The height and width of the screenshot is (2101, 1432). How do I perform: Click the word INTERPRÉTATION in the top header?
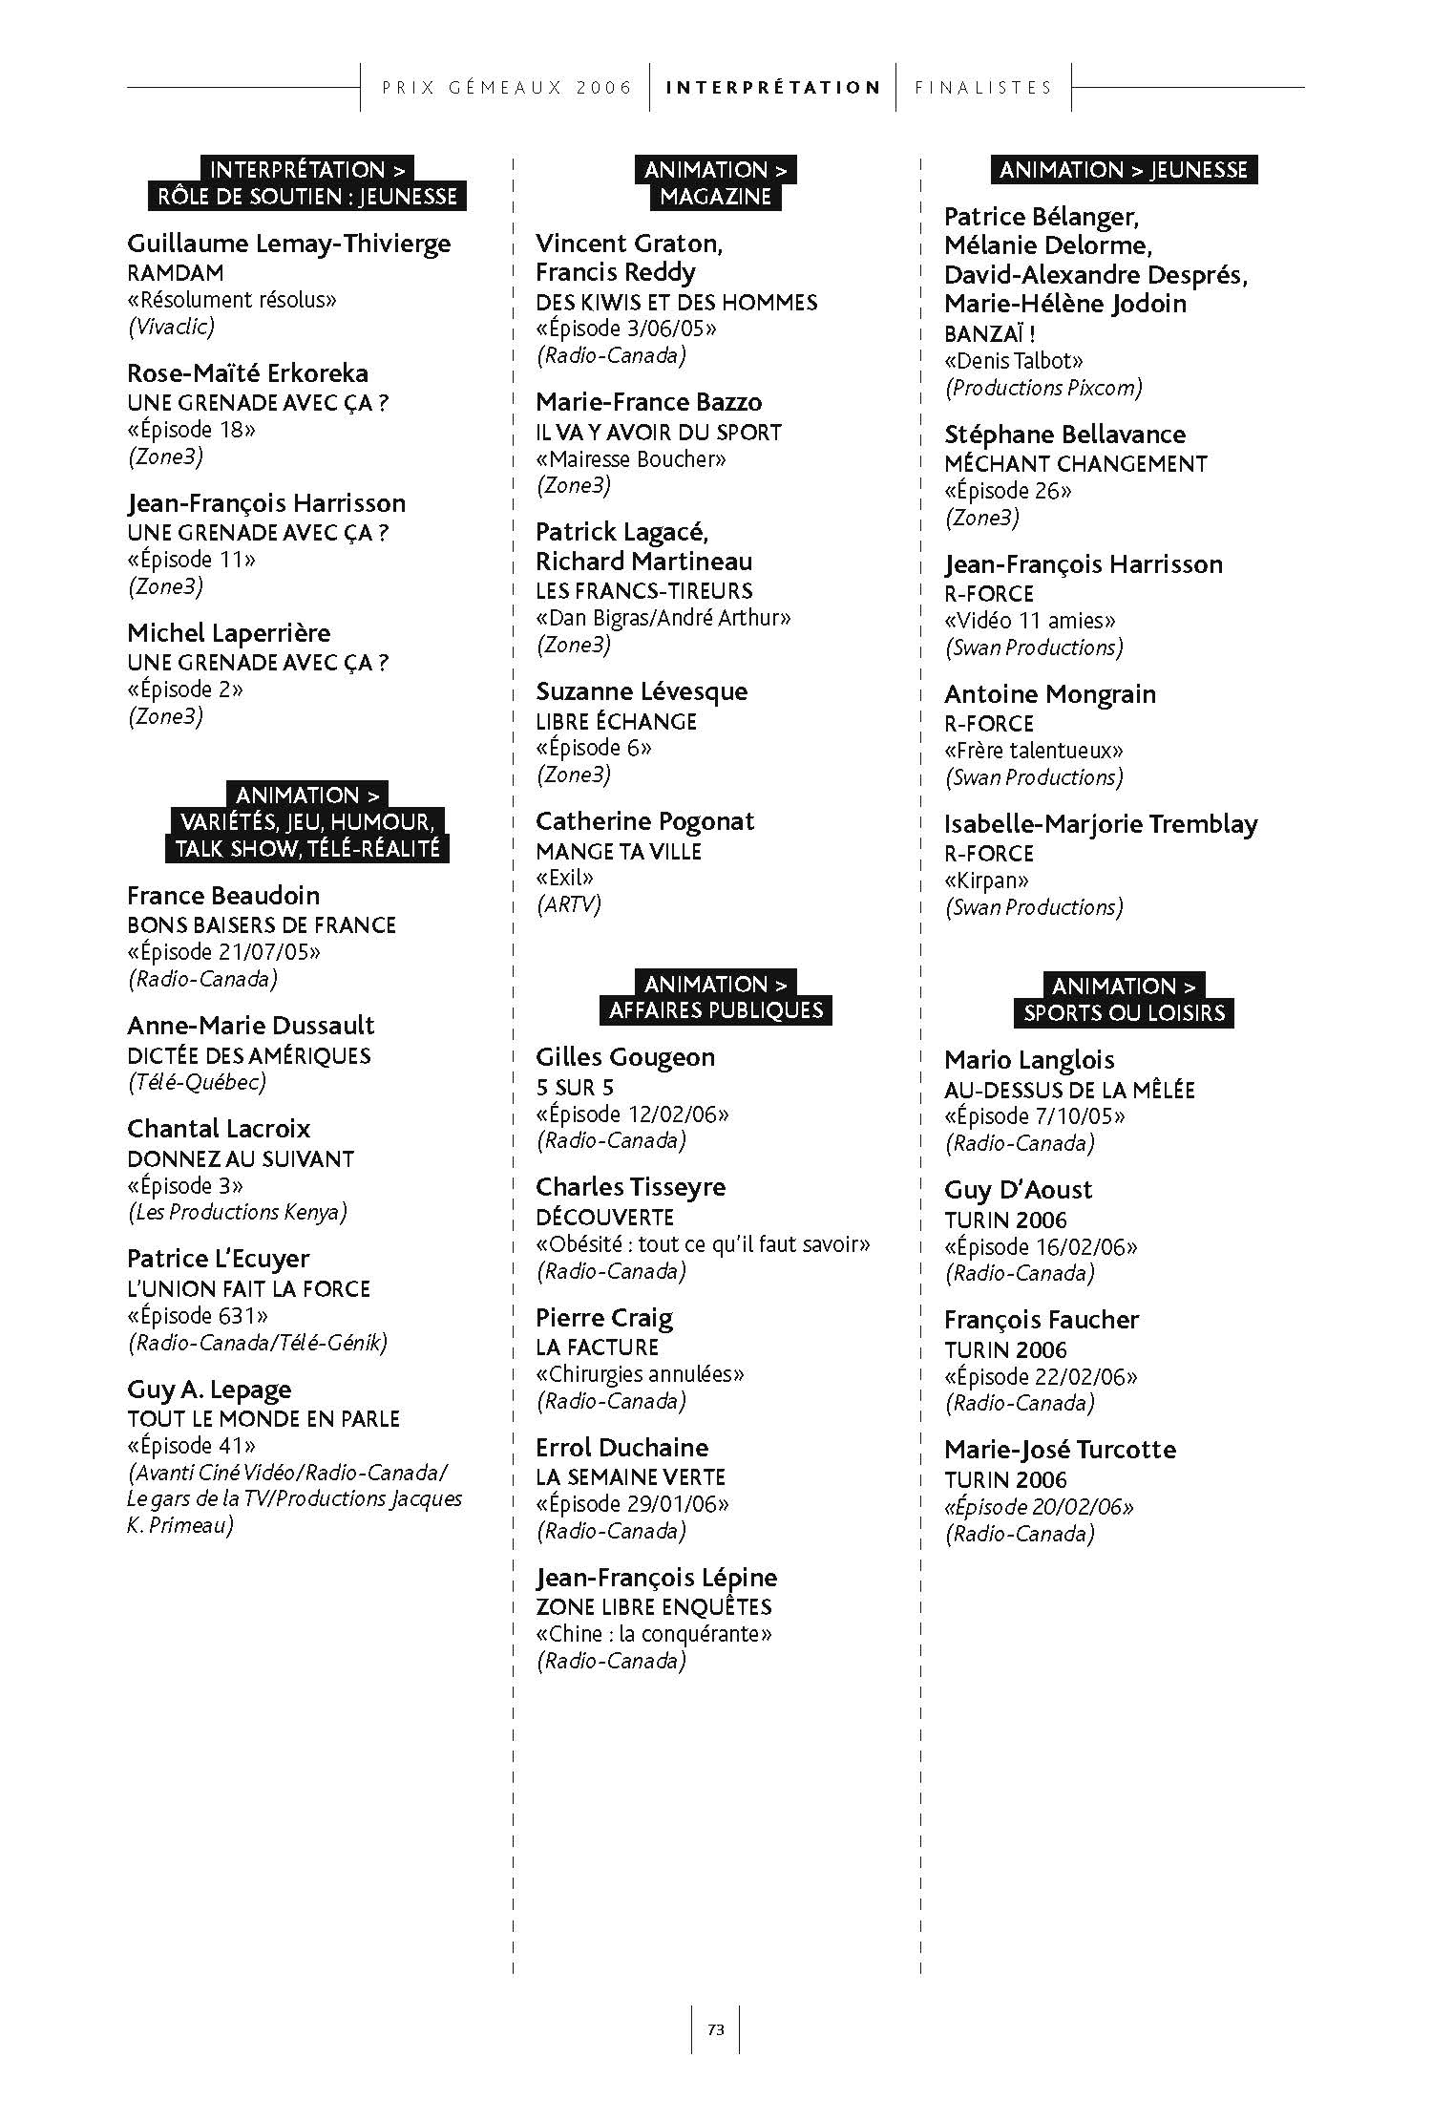point(773,88)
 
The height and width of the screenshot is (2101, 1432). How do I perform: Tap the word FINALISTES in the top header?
point(983,88)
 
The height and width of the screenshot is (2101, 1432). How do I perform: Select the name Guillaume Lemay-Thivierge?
point(288,244)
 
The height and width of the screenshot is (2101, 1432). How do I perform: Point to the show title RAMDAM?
point(175,273)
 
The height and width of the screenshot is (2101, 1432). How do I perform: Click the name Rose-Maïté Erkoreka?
point(247,373)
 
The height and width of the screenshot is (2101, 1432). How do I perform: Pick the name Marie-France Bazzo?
point(648,402)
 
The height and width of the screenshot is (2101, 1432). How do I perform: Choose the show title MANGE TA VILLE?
point(618,851)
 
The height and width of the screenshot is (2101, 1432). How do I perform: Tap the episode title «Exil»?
point(564,878)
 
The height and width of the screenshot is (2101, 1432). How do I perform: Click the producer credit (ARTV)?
point(568,904)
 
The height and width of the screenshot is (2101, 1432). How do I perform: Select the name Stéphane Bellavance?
point(1064,435)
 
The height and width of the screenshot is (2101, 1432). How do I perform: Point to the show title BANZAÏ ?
point(990,333)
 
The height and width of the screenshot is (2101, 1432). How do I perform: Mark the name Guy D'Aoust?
point(1018,1190)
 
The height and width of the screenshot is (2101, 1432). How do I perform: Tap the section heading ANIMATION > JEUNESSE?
point(1124,170)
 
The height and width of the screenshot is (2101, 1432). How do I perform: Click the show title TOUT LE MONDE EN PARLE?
point(263,1419)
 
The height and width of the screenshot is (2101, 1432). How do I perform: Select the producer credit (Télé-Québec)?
point(197,1082)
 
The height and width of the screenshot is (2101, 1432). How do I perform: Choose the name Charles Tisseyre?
point(630,1187)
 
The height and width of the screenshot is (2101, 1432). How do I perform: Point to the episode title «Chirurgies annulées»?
point(640,1374)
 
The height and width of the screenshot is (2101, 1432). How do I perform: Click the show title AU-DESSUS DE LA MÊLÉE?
point(1069,1090)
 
